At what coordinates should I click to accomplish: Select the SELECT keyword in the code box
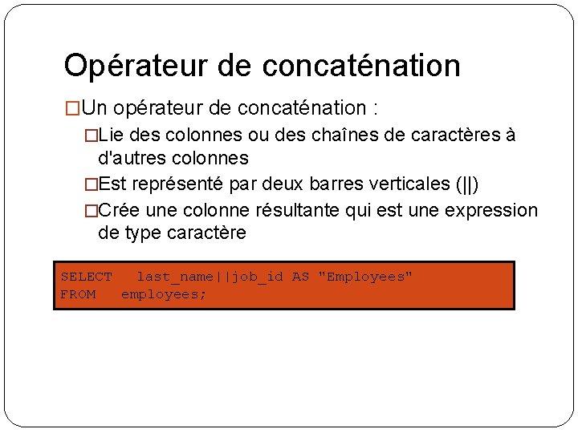(x=86, y=277)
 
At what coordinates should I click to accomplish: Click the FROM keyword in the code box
(x=78, y=294)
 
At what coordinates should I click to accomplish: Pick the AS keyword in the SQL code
(x=300, y=277)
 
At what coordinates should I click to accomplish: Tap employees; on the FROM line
(x=164, y=294)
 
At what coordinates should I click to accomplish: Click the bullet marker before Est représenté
(x=91, y=184)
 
